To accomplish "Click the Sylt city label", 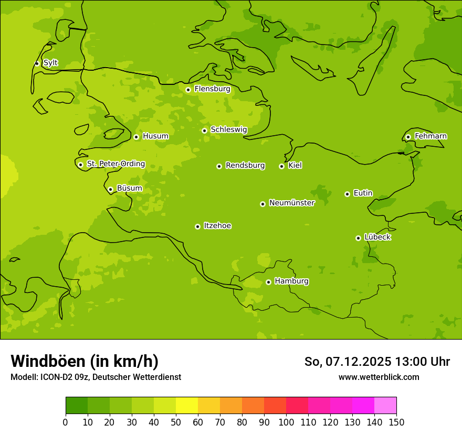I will click(50, 63).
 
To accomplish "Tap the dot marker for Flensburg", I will click(188, 90).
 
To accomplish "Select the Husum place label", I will click(155, 136).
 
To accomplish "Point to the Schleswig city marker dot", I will click(204, 130).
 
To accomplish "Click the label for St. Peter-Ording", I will click(115, 164).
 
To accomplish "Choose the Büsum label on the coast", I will click(129, 188).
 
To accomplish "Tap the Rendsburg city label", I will click(245, 166).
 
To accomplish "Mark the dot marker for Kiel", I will click(281, 166).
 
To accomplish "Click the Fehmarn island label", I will click(430, 136).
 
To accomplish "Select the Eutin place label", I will click(363, 193).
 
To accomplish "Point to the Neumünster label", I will click(291, 203).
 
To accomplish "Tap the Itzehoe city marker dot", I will click(197, 226).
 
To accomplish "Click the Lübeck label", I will click(377, 237).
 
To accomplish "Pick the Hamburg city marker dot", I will click(268, 282).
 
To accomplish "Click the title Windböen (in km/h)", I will click(85, 361).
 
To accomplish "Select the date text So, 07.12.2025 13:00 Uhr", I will click(377, 362).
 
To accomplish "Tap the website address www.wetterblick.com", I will click(379, 377).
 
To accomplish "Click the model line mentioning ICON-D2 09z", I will click(96, 377).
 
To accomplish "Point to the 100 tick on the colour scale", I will click(286, 422).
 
